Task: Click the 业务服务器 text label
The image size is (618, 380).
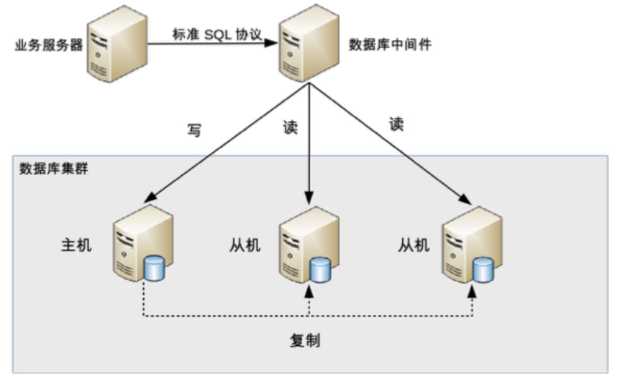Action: (x=48, y=45)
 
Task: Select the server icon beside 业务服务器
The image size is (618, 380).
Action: (x=117, y=44)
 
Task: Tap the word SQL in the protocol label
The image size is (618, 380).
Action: (x=218, y=35)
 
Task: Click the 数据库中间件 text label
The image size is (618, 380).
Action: (x=389, y=45)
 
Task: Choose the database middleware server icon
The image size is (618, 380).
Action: (x=309, y=43)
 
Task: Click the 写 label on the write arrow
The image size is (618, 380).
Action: (x=194, y=130)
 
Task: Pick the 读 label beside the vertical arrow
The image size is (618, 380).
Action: (x=290, y=127)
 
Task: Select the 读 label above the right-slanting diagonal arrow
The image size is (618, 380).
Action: (x=396, y=124)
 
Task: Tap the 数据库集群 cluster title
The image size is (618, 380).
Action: (x=53, y=168)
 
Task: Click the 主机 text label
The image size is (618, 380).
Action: (x=76, y=245)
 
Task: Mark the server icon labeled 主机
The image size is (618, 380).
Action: (x=143, y=243)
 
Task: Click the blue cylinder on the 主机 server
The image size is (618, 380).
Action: (x=154, y=268)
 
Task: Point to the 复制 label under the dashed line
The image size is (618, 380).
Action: (x=305, y=341)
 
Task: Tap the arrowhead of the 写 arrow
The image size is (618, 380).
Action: (x=150, y=197)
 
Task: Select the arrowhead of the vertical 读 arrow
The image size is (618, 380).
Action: (x=309, y=197)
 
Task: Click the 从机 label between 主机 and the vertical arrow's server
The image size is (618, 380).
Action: (x=245, y=245)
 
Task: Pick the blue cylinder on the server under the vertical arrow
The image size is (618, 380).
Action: (x=320, y=269)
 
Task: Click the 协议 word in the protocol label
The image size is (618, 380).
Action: (x=249, y=35)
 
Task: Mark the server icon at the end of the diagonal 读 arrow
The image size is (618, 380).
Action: (x=472, y=245)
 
